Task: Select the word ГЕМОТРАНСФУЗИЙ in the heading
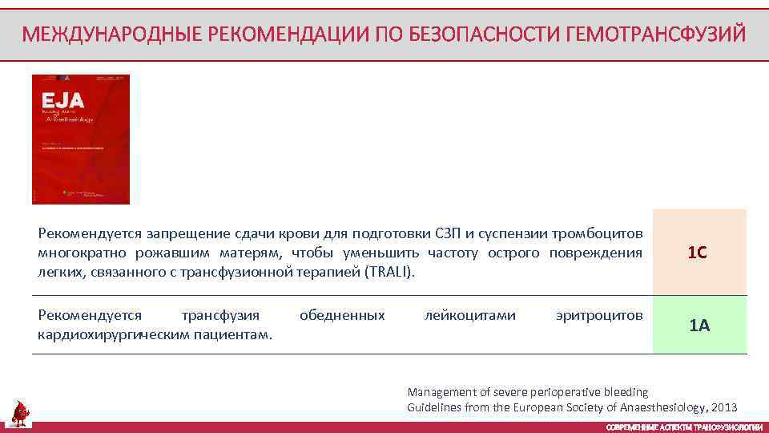coord(655,34)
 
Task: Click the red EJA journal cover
coord(80,140)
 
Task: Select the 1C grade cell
coord(699,253)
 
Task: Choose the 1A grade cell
coord(699,325)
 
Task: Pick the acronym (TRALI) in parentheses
coord(390,272)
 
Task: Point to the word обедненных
coord(342,315)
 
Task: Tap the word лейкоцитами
coord(469,315)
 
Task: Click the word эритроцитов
coord(598,315)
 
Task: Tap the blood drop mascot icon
coord(20,413)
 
